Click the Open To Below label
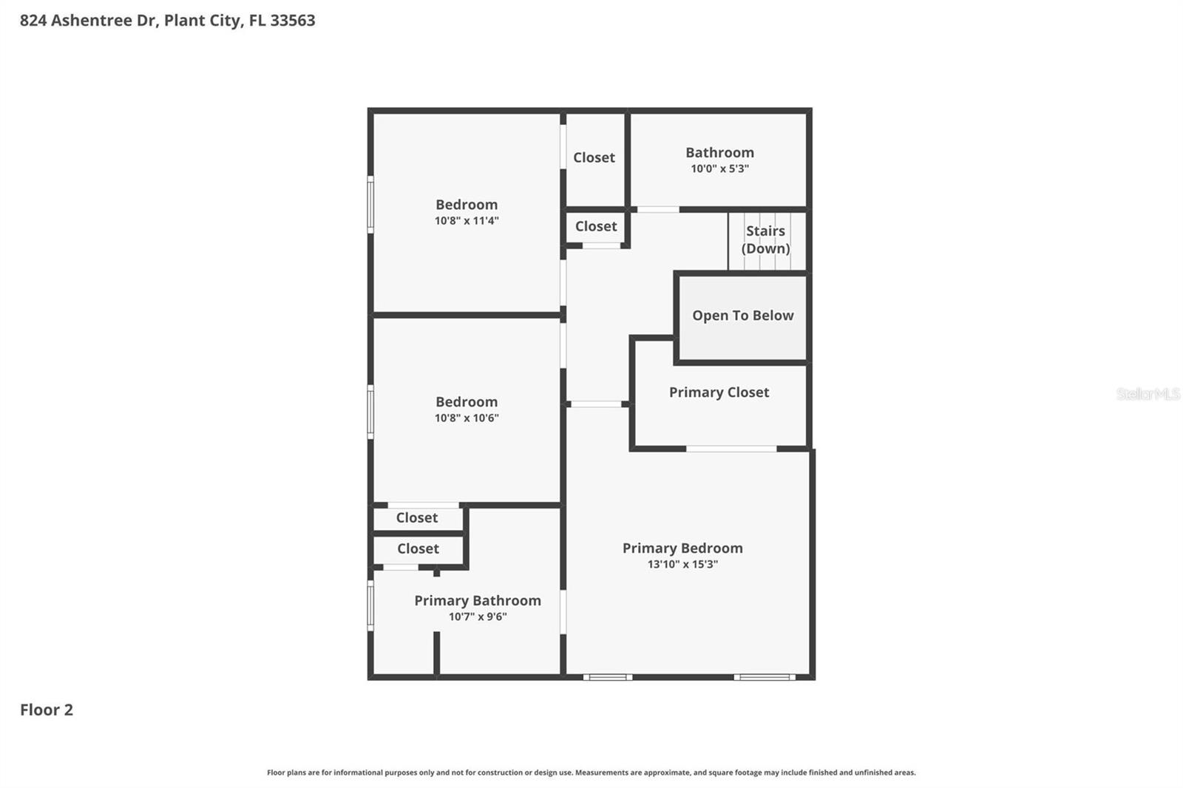pyautogui.click(x=742, y=316)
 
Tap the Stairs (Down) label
pyautogui.click(x=765, y=240)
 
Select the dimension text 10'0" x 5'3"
pyautogui.click(x=719, y=169)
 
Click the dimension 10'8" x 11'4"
pyautogui.click(x=467, y=220)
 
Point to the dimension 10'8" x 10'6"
pyautogui.click(x=467, y=418)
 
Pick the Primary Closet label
pyautogui.click(x=719, y=393)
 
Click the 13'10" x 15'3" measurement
pyautogui.click(x=682, y=564)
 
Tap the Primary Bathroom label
pyautogui.click(x=477, y=600)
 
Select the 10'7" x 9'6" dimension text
pyautogui.click(x=477, y=617)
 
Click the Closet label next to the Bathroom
pyautogui.click(x=594, y=157)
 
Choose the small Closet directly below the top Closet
pyautogui.click(x=596, y=226)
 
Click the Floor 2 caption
pyautogui.click(x=46, y=710)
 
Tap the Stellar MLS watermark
pyautogui.click(x=1148, y=394)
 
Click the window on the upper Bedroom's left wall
pyautogui.click(x=370, y=205)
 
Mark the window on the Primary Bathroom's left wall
pyautogui.click(x=370, y=605)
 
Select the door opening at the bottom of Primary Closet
pyautogui.click(x=731, y=449)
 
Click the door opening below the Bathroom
pyautogui.click(x=657, y=210)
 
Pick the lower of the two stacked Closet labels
pyautogui.click(x=418, y=548)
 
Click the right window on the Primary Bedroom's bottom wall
pyautogui.click(x=765, y=677)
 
